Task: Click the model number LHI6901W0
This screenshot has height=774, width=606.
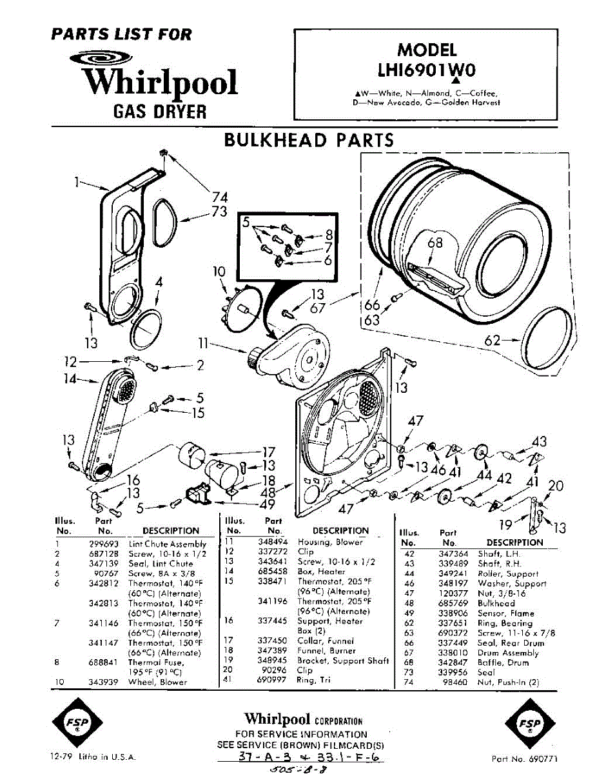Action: [426, 69]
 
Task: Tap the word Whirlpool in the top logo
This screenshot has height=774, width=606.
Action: [162, 83]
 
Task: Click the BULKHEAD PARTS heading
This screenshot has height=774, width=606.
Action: [308, 141]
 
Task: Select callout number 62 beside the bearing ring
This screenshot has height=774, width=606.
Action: [492, 339]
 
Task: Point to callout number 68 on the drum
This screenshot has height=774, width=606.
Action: [436, 243]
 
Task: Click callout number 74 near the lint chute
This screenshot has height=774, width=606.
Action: [220, 197]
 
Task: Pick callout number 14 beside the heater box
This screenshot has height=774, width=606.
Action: [70, 379]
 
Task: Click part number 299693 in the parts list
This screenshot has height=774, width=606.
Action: [102, 544]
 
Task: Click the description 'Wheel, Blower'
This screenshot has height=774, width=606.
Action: [157, 682]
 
